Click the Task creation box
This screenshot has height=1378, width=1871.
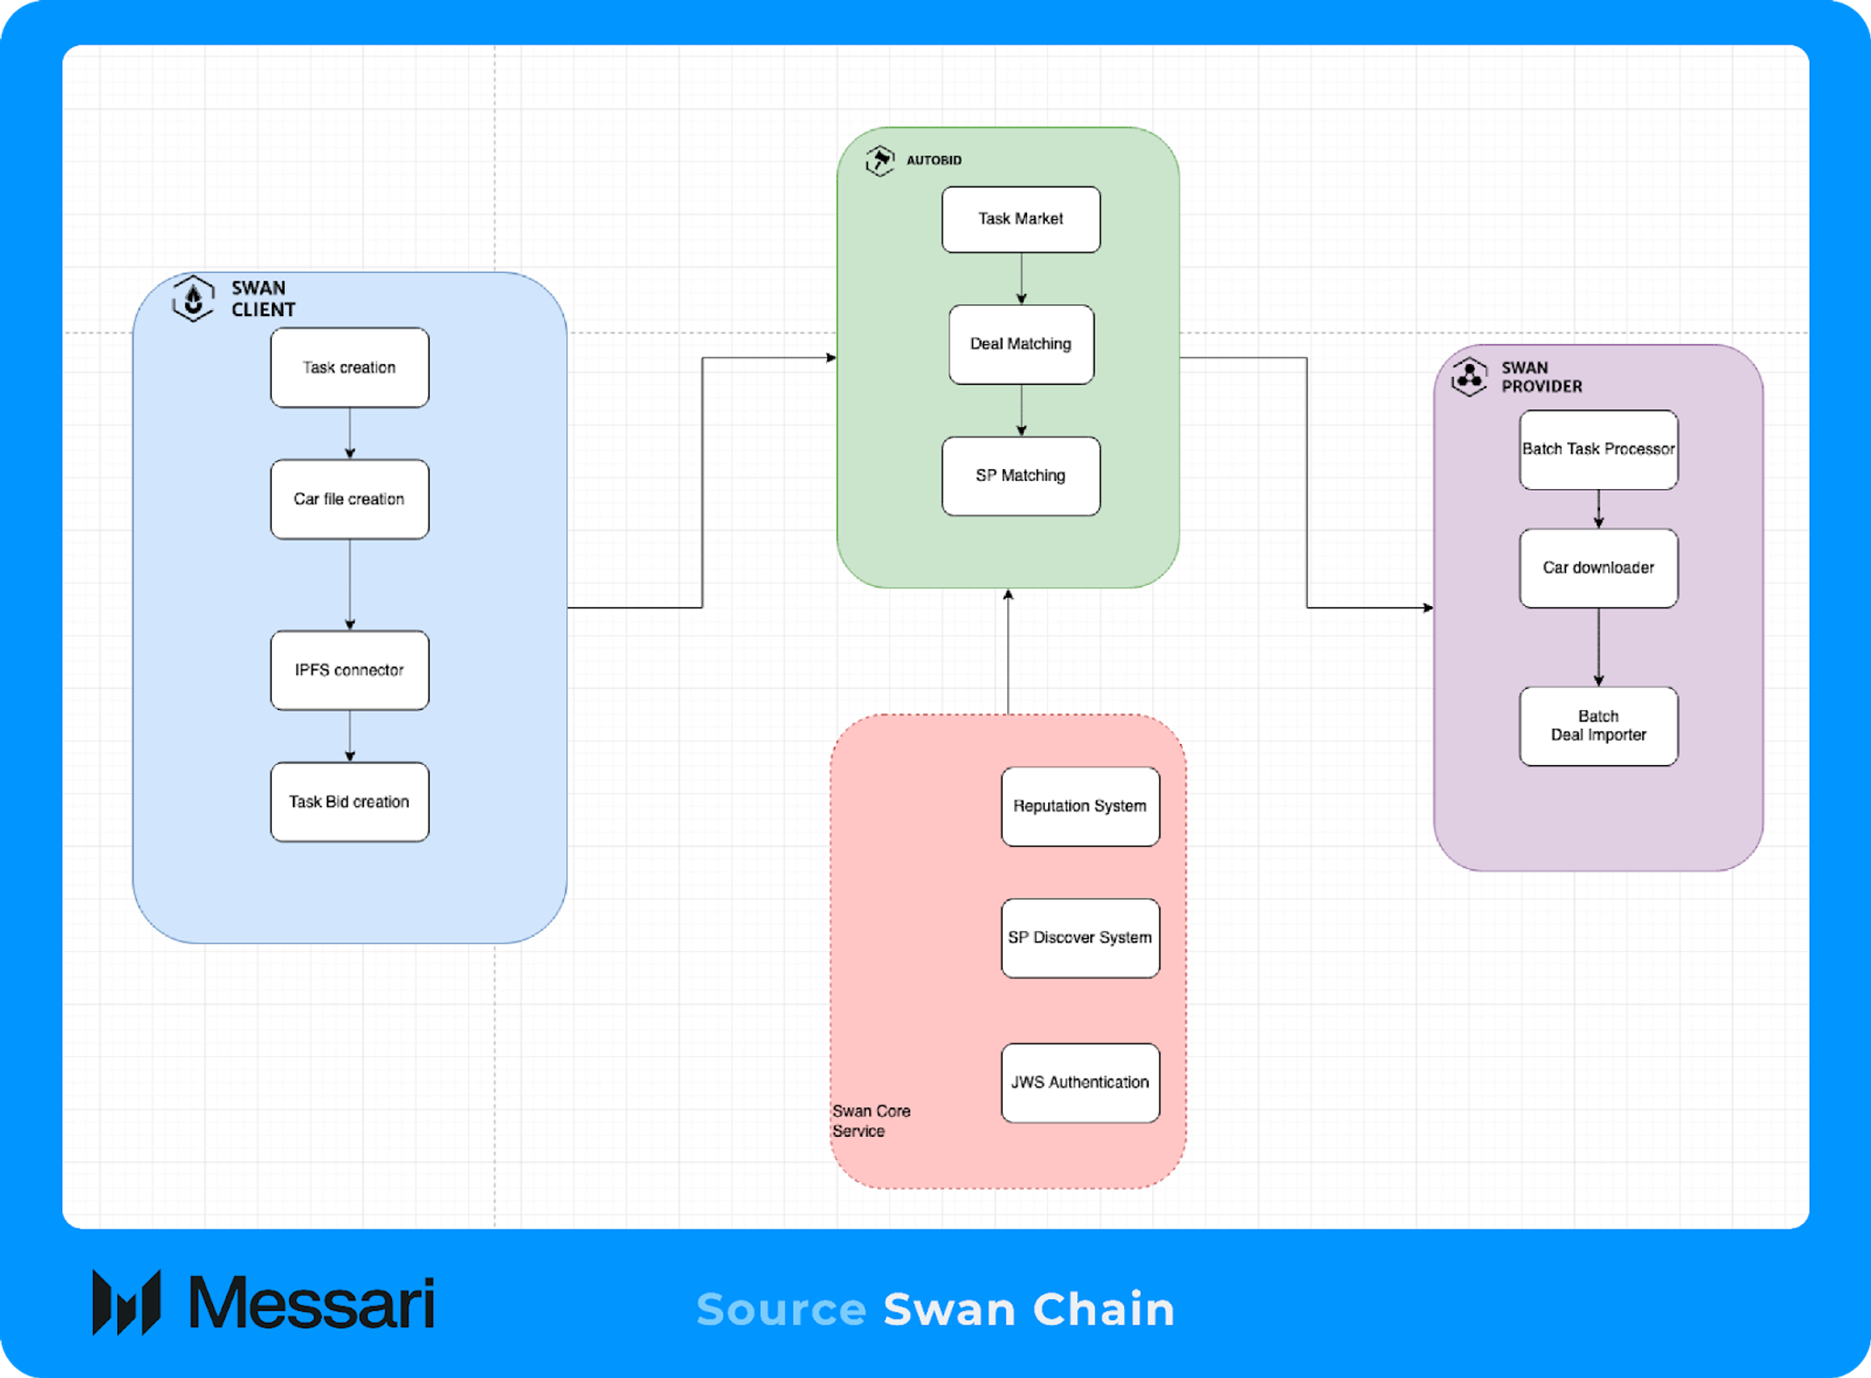[x=349, y=368]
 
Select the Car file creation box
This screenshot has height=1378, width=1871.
[x=349, y=500]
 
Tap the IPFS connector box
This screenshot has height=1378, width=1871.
[x=349, y=670]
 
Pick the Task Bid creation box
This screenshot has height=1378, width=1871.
[x=349, y=802]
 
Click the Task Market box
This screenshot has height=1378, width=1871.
[x=1021, y=219]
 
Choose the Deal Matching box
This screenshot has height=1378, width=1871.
[x=1021, y=344]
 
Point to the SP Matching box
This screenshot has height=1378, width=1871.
[x=1021, y=476]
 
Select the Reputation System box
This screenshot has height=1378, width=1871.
[x=1080, y=806]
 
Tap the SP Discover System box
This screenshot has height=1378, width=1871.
[x=1080, y=938]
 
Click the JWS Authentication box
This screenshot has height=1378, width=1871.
[x=1080, y=1083]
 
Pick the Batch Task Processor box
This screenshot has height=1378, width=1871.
[x=1598, y=450]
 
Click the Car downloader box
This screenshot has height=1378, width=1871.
[x=1598, y=568]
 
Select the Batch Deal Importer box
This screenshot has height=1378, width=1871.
[x=1598, y=727]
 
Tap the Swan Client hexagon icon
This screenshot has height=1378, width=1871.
[x=193, y=299]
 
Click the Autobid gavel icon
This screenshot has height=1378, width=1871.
[x=880, y=161]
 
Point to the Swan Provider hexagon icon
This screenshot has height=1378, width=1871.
[x=1469, y=376]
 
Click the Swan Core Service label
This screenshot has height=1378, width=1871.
[x=871, y=1121]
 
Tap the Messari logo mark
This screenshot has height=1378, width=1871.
[x=127, y=1303]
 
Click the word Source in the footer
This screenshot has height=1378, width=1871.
[x=781, y=1309]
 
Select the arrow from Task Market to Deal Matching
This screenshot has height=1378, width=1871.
[x=1021, y=279]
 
